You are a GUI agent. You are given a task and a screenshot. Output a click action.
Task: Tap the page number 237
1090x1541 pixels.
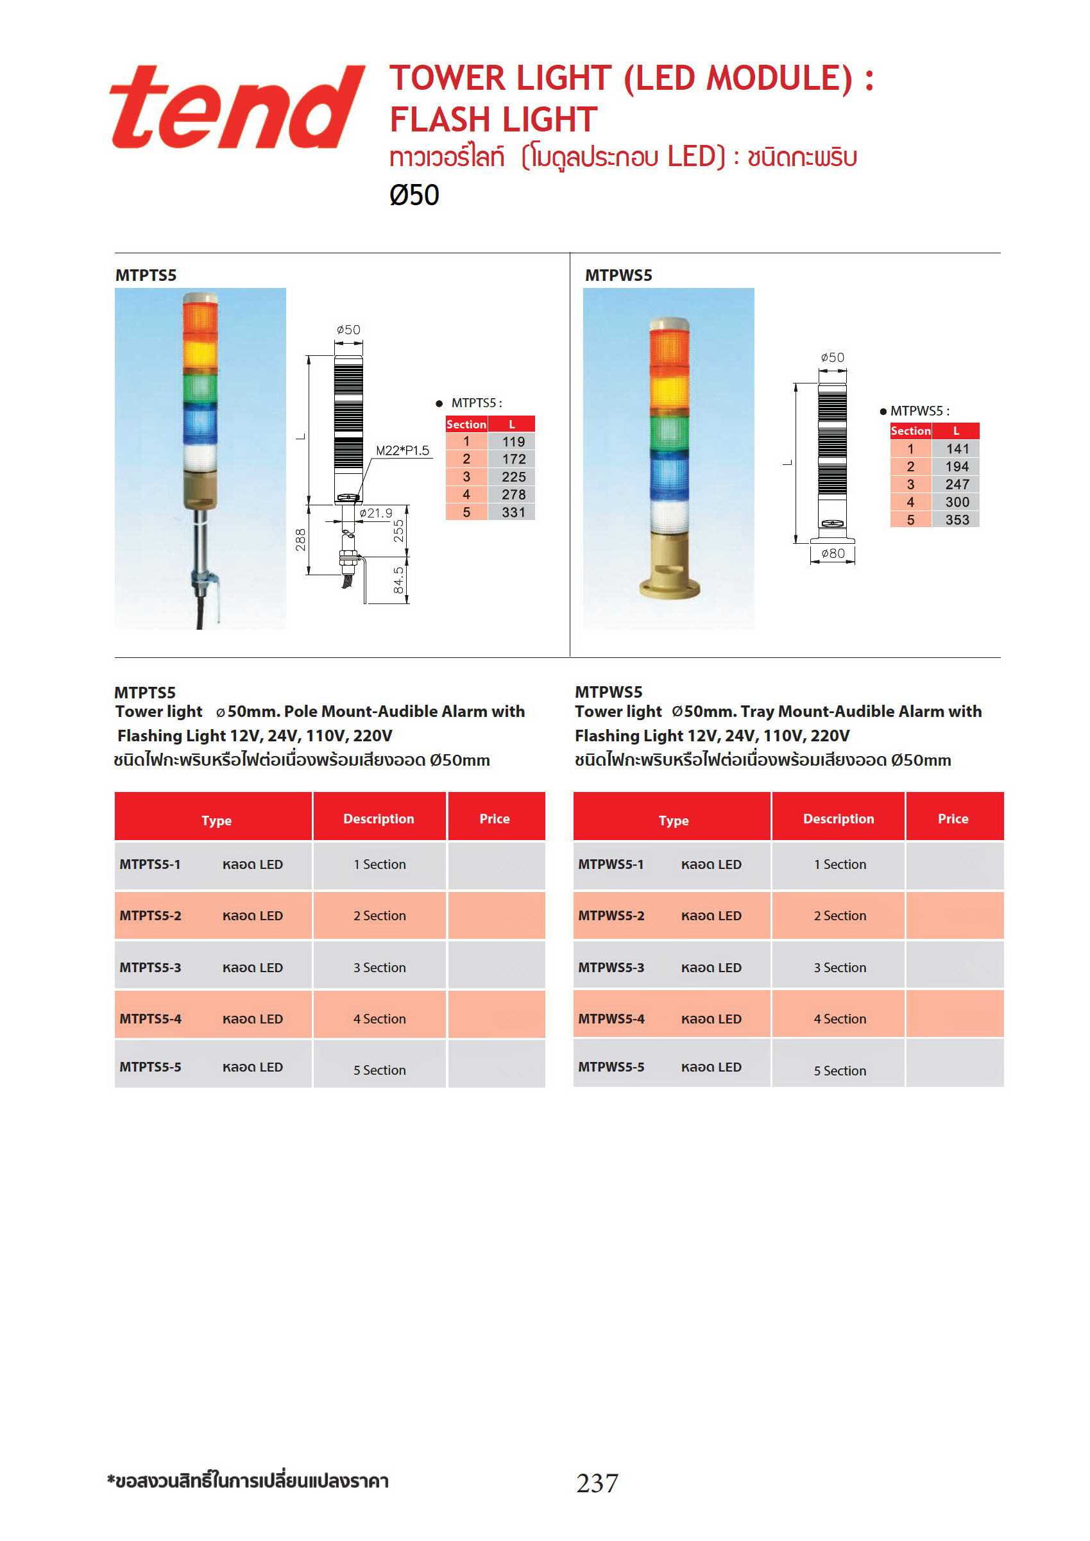(597, 1483)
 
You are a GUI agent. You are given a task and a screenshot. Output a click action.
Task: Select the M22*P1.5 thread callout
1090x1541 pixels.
(402, 450)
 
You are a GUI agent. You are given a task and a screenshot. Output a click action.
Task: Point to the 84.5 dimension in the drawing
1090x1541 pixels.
(398, 580)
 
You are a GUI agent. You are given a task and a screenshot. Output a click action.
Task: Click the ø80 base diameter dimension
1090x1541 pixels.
(832, 553)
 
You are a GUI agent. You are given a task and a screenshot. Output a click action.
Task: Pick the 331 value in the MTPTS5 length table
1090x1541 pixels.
(513, 512)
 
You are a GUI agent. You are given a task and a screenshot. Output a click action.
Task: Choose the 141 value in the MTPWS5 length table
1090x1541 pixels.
(957, 449)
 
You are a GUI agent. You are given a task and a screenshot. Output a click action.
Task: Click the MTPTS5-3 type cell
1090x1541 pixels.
(150, 967)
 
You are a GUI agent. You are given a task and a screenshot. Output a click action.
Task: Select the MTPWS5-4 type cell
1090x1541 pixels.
(611, 1019)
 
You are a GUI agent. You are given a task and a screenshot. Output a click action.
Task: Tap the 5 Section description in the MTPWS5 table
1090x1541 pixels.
(840, 1070)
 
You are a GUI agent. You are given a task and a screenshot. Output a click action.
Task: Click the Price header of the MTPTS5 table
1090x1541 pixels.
(494, 818)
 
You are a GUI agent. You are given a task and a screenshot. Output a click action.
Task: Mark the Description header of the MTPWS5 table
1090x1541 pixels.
(838, 818)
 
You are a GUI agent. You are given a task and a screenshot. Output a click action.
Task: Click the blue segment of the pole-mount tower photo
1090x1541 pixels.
(200, 423)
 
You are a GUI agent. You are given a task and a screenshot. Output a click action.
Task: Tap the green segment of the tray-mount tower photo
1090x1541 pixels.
(669, 433)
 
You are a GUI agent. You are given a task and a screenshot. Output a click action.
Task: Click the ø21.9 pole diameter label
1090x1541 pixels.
(375, 513)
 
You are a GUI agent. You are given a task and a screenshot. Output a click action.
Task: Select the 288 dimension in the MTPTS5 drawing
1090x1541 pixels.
(300, 539)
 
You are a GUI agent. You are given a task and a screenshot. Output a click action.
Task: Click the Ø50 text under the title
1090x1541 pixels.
(414, 196)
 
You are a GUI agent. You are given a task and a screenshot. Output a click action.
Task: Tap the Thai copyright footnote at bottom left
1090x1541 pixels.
(248, 1481)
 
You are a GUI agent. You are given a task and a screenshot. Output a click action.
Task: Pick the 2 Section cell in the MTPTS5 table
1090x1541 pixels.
(379, 916)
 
